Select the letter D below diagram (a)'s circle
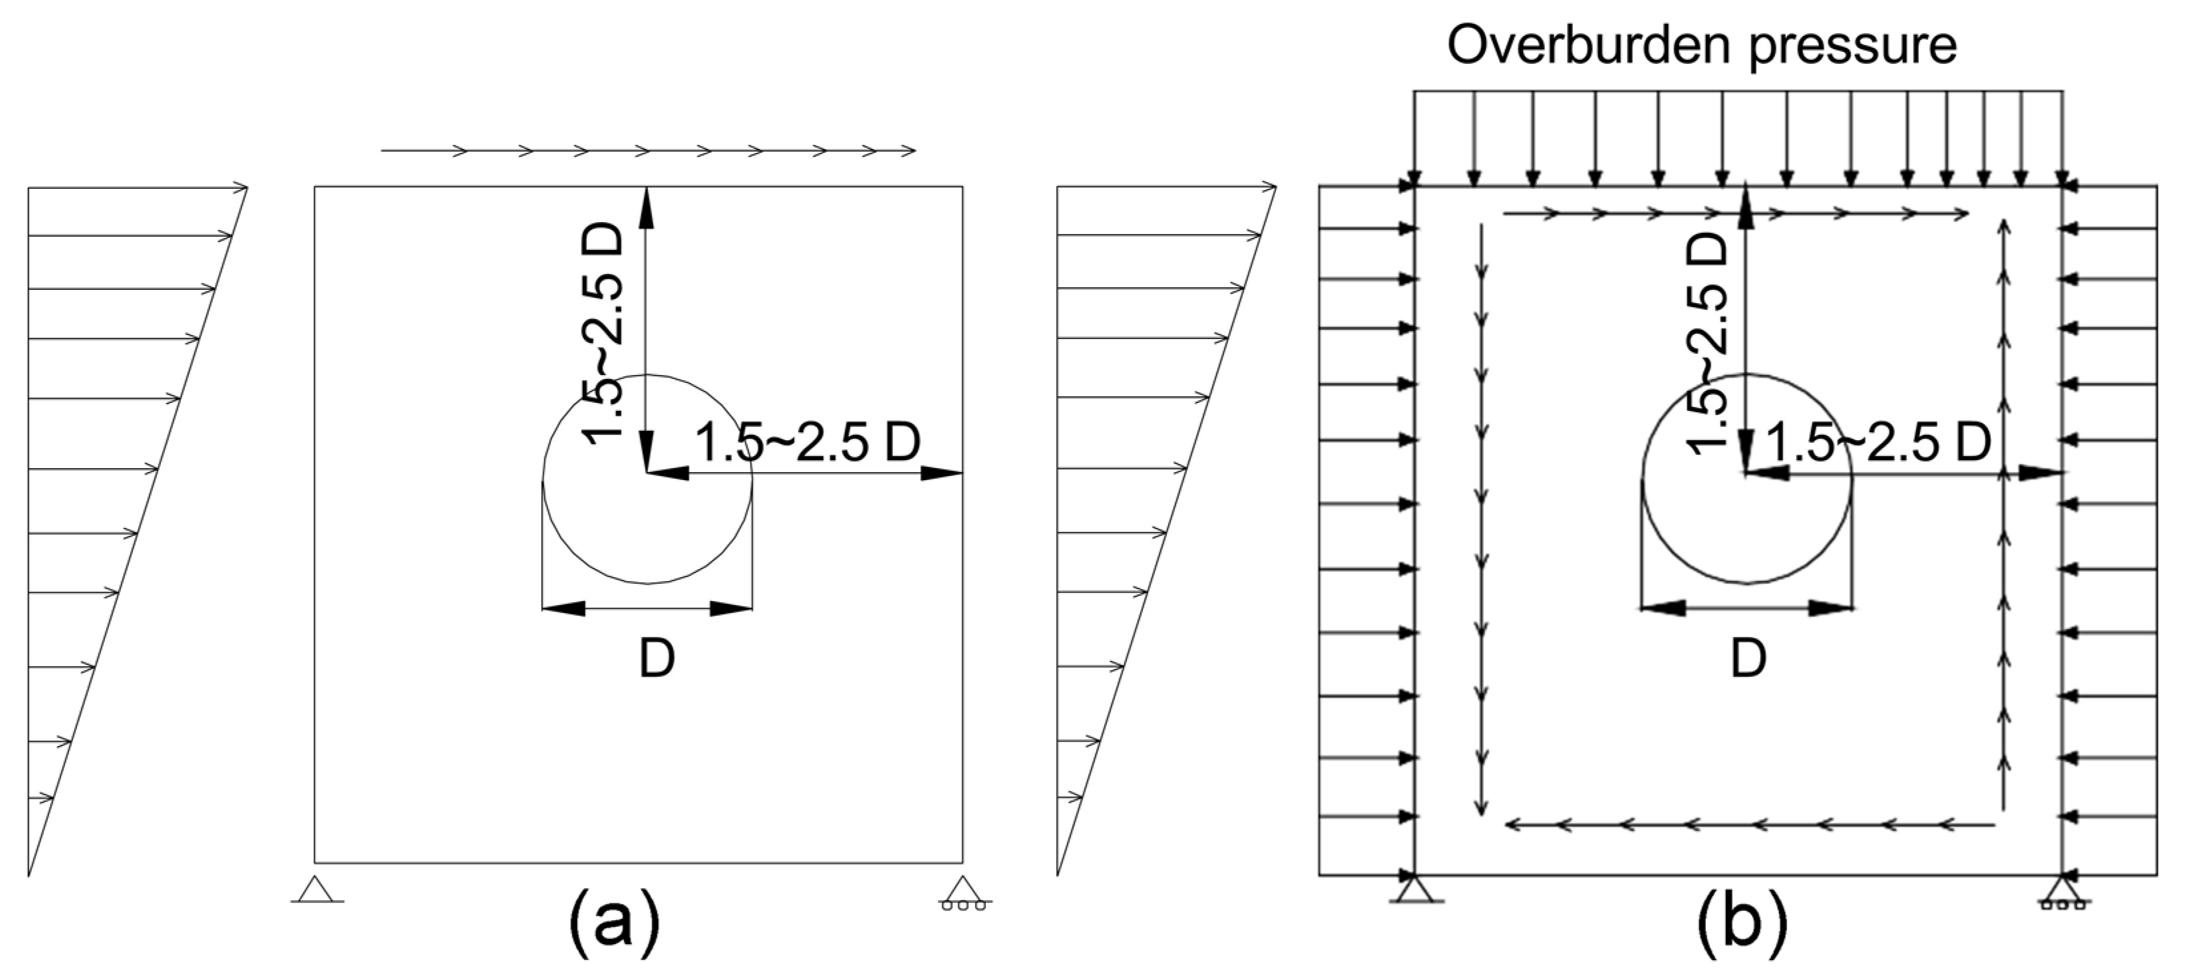(x=657, y=658)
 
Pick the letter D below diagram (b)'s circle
(x=1749, y=658)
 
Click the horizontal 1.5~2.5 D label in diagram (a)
(x=807, y=443)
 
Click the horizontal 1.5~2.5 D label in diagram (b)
(x=1879, y=443)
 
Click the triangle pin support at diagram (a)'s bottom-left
(x=316, y=890)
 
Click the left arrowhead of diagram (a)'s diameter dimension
(x=564, y=608)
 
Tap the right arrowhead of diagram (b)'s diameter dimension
(x=1831, y=608)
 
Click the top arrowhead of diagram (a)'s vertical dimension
(x=647, y=206)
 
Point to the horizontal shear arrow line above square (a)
(x=647, y=151)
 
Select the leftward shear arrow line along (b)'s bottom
(x=1749, y=824)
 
